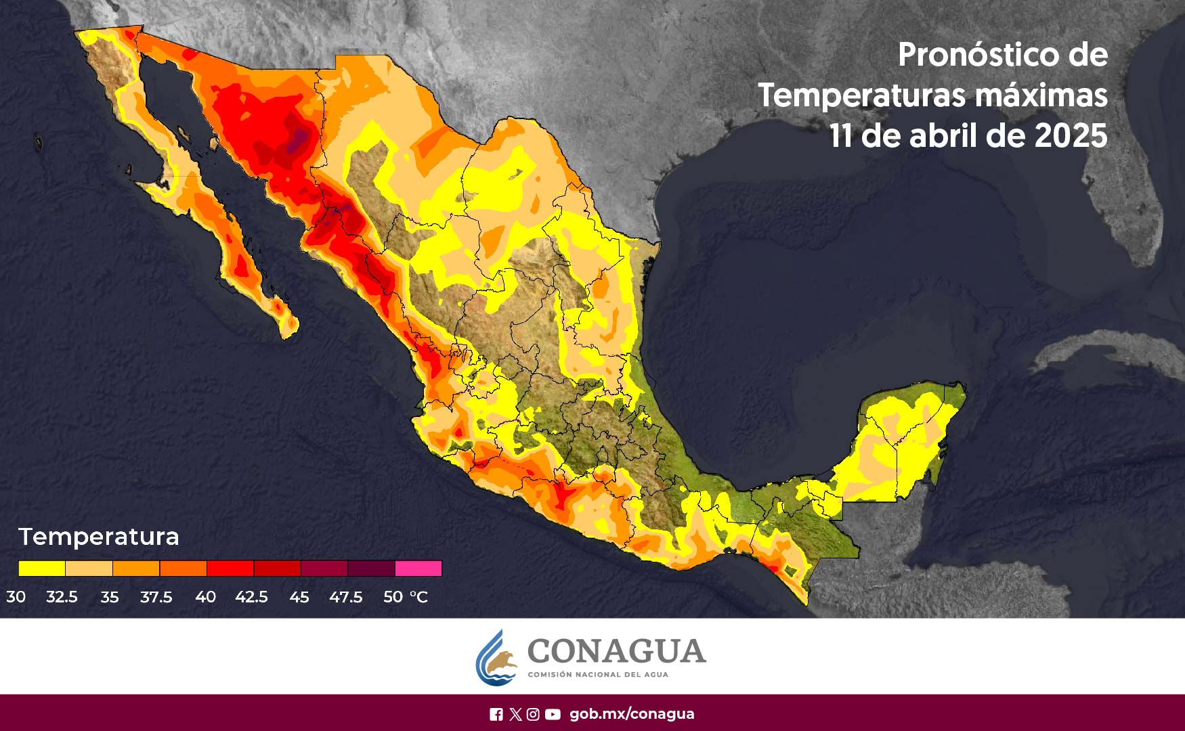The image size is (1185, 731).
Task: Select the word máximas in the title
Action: (1041, 95)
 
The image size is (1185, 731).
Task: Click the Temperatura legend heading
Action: (99, 537)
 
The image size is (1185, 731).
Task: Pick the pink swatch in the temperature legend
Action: (418, 569)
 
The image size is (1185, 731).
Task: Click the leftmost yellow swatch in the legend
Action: (42, 569)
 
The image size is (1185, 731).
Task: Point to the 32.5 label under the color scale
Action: (62, 597)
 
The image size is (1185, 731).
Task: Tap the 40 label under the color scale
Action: (205, 597)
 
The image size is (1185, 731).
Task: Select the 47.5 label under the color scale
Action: (345, 597)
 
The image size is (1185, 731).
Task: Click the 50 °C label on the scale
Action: (405, 597)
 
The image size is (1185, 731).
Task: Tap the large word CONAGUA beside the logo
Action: (616, 651)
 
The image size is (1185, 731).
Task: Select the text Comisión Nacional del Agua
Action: (597, 675)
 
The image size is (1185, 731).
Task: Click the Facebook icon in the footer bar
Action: (496, 714)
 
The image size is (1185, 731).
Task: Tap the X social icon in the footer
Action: (515, 714)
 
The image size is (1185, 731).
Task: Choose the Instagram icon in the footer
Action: (534, 714)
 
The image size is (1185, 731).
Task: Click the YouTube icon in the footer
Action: (553, 714)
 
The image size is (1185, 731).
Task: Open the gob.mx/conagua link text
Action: (632, 714)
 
